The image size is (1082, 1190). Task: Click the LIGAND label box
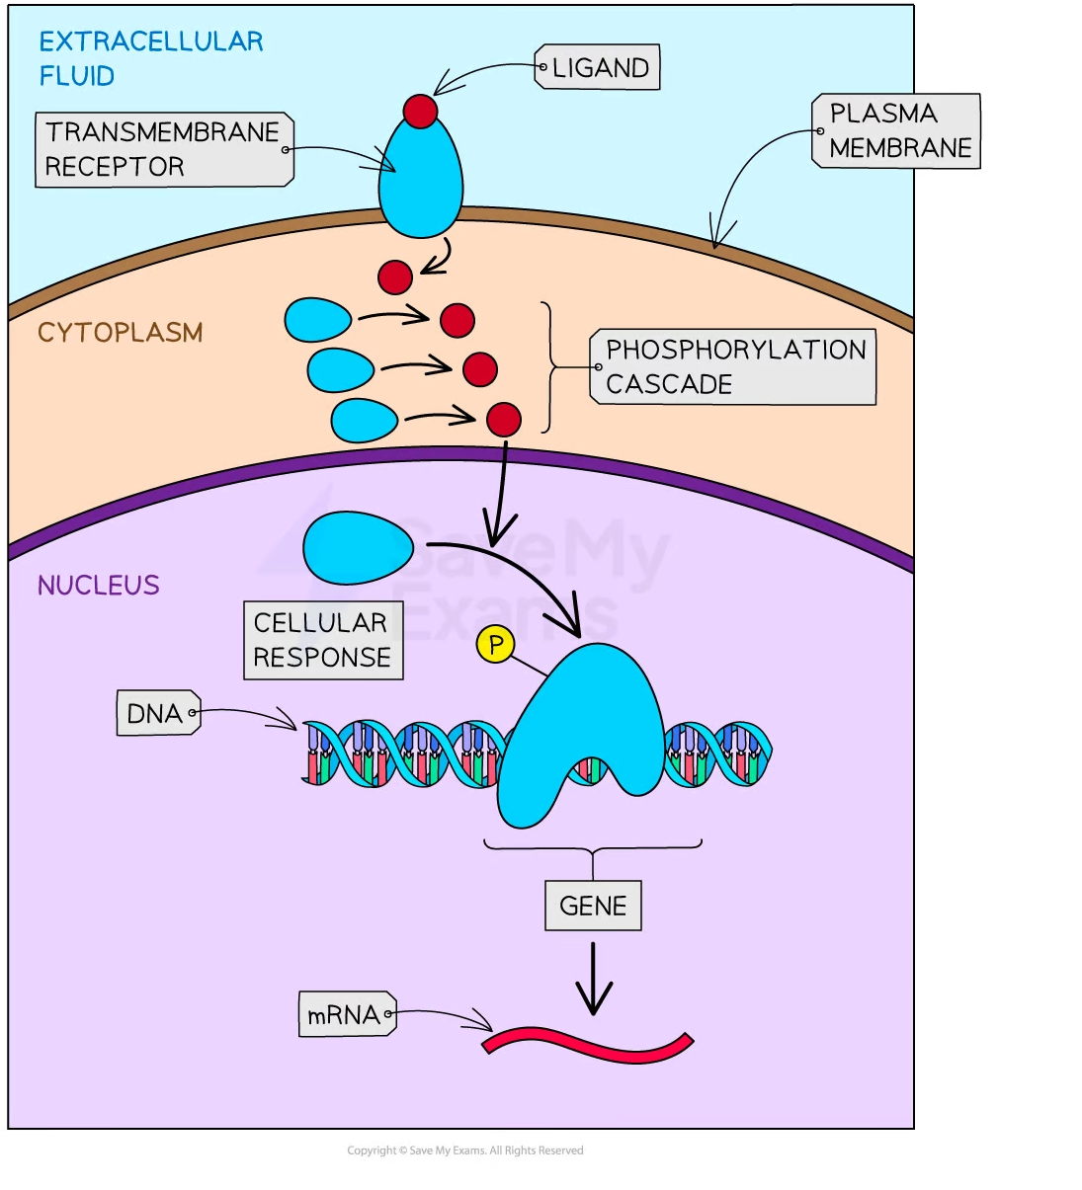click(x=598, y=68)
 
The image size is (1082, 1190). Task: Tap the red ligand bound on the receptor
click(x=420, y=111)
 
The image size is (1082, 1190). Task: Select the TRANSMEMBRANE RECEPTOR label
click(x=164, y=149)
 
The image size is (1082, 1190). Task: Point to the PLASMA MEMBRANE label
click(x=896, y=130)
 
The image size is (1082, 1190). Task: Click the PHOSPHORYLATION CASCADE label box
click(x=733, y=366)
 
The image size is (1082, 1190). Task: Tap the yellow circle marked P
click(x=495, y=645)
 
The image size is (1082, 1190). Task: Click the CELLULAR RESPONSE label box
click(x=323, y=640)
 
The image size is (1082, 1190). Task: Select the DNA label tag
click(x=157, y=713)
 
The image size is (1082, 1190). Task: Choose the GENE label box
click(x=593, y=906)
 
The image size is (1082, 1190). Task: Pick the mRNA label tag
click(x=346, y=1014)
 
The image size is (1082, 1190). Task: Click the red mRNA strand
click(x=588, y=1045)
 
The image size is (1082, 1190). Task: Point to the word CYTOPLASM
click(x=120, y=333)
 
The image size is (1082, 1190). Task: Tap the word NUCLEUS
click(x=98, y=586)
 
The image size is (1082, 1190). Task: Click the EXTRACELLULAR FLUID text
click(x=150, y=58)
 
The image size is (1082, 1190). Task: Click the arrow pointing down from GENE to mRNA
click(x=593, y=978)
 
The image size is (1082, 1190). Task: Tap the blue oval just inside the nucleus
click(x=358, y=547)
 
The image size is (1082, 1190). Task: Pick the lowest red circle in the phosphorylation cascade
click(x=504, y=419)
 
